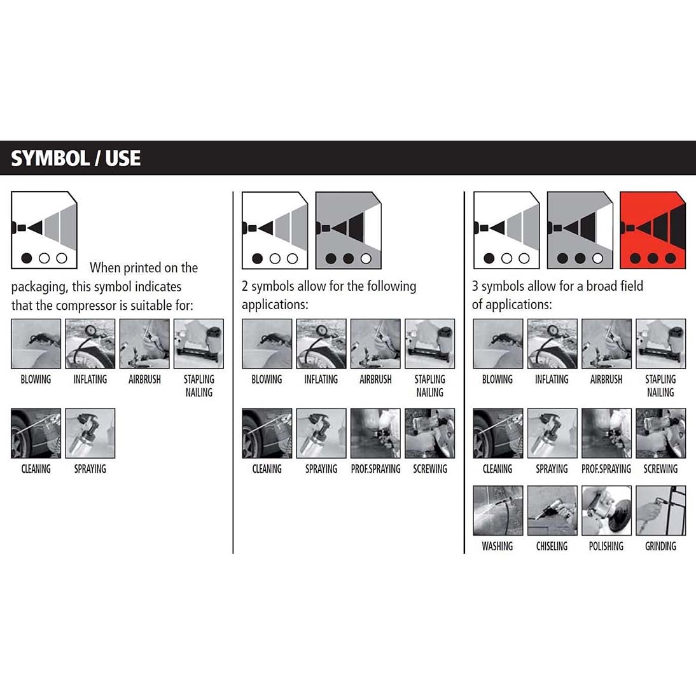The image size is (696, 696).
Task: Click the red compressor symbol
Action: click(x=653, y=230)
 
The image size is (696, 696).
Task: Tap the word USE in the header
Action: click(x=123, y=158)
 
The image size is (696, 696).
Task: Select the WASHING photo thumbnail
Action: click(x=498, y=510)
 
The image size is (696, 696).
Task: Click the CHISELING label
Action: click(x=552, y=546)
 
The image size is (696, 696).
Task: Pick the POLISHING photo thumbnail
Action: click(x=606, y=510)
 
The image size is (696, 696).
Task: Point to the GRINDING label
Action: click(x=660, y=546)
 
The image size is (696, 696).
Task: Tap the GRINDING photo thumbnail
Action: click(x=660, y=510)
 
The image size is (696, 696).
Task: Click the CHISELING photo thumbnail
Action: click(x=552, y=510)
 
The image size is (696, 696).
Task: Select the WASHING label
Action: click(x=497, y=546)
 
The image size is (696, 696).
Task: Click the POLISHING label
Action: click(x=606, y=546)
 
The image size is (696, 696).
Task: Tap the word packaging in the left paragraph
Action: click(x=39, y=287)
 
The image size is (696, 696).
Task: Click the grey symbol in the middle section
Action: click(x=348, y=230)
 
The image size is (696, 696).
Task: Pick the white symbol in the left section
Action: click(x=44, y=230)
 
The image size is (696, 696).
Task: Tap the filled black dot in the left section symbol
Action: click(x=27, y=258)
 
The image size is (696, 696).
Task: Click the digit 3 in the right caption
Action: click(x=475, y=286)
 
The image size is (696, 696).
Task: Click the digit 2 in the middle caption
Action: click(x=245, y=286)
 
